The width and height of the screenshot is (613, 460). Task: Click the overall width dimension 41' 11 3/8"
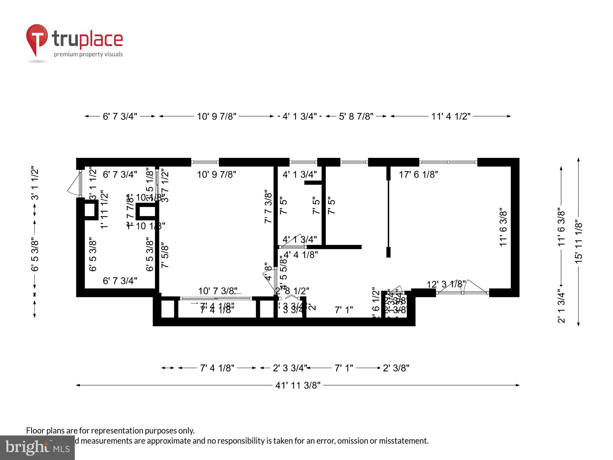click(x=298, y=385)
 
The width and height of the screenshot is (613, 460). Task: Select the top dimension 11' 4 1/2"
click(x=451, y=117)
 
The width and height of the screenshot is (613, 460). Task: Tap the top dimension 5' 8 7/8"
click(x=356, y=117)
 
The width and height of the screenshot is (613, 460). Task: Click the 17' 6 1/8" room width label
click(x=418, y=174)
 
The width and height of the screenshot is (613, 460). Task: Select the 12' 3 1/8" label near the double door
click(x=446, y=284)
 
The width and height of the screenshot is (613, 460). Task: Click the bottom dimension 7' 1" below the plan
click(x=344, y=368)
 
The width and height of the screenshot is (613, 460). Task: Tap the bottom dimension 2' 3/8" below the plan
click(x=396, y=368)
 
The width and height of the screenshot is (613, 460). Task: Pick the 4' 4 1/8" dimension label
click(x=301, y=255)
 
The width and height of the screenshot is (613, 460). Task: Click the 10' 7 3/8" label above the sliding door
click(x=218, y=291)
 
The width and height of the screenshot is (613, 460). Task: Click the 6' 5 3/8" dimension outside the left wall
click(x=35, y=255)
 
